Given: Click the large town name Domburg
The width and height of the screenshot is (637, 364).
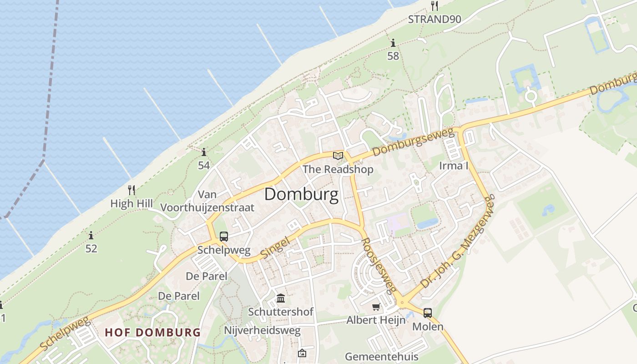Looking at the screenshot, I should coord(301,195).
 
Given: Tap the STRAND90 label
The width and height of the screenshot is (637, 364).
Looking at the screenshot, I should coord(435,19).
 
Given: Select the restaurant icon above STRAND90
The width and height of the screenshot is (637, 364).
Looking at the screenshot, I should coord(435,5).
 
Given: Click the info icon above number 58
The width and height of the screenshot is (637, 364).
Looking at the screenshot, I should coord(393,43).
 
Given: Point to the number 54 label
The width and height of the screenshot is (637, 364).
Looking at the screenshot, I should coord(204,165).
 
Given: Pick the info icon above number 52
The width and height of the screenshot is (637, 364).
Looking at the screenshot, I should coord(91,236).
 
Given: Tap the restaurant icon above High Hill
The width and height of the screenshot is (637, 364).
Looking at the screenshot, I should coord(131,190).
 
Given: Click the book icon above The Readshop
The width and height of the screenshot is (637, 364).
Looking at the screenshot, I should coord(338,156).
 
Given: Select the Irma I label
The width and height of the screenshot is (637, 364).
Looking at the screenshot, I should coord(454,166).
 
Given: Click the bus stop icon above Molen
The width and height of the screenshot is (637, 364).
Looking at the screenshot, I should coord(428,313).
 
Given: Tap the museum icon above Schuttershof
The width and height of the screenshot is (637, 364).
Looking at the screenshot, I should coord(281,299).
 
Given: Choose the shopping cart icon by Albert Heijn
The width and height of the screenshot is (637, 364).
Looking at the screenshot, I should coord(376,307).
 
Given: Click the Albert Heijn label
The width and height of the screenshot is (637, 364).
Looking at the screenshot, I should coord(376,320).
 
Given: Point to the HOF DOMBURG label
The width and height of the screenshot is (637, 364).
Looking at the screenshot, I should coord(152,332).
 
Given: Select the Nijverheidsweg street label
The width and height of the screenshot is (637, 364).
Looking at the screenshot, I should coord(262,330).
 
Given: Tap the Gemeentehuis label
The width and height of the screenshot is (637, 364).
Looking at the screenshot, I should coord(381,356).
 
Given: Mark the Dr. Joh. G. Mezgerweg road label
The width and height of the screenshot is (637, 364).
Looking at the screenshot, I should coord(457,243).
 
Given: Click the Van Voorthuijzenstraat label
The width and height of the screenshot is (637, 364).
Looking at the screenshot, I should coord(207,201).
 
